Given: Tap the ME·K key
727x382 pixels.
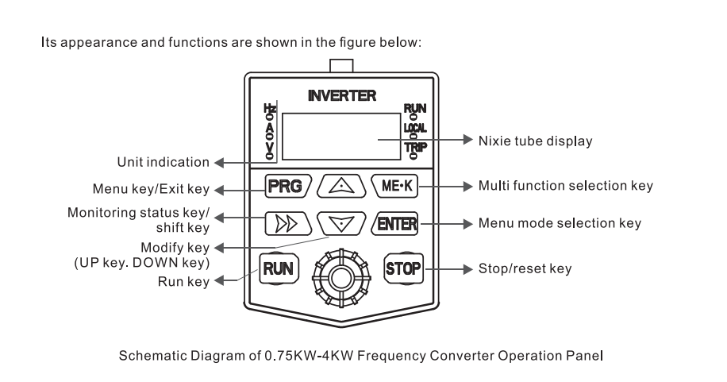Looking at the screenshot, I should click(394, 187).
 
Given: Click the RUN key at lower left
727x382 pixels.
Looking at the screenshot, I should click(279, 268).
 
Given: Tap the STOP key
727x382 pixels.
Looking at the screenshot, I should click(402, 268).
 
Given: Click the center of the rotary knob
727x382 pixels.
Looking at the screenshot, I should click(340, 278).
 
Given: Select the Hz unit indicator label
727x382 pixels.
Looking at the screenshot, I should click(270, 110).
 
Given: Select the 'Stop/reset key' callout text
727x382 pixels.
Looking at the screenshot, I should click(524, 268).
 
